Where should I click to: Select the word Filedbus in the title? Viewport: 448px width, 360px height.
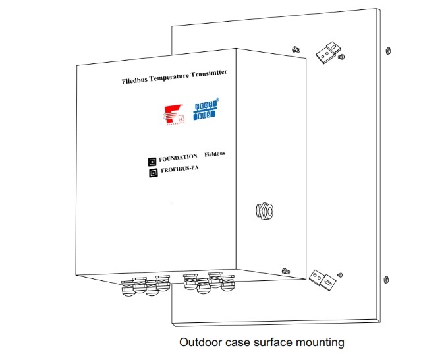tap(136, 82)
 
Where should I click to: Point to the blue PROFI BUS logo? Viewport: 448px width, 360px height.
tap(206, 110)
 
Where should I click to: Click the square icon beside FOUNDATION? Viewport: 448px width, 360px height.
tap(151, 160)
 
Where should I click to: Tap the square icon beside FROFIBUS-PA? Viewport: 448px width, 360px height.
tap(152, 173)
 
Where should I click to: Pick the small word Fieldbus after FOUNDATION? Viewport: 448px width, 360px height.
tap(215, 154)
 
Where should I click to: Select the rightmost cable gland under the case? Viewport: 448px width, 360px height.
tap(227, 284)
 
